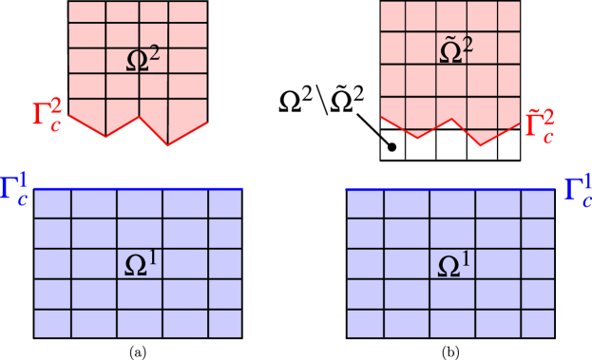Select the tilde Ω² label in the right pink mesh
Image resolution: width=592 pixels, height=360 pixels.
pos(457,51)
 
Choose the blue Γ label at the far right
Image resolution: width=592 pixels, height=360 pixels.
pos(577,189)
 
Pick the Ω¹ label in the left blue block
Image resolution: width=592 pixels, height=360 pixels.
pos(142,265)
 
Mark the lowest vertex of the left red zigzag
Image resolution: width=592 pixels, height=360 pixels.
pos(168,144)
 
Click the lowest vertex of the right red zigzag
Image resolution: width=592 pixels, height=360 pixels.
pos(479,146)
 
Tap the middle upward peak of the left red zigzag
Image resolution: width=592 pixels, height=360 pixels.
pos(141,117)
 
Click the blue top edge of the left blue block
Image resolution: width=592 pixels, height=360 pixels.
pos(138,189)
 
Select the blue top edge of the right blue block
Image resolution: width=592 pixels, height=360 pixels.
pos(450,189)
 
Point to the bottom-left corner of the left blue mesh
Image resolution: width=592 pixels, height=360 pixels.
pos(34,337)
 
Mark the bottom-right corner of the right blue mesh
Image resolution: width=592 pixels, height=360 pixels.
pos(554,337)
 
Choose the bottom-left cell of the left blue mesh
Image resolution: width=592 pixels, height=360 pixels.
pos(52,323)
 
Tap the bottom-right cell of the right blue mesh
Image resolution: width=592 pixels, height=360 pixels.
pos(537,323)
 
